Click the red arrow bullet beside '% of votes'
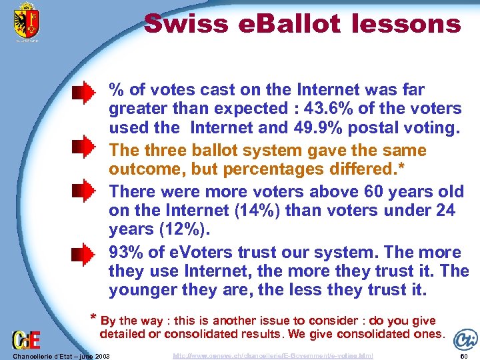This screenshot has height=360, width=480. click(x=84, y=93)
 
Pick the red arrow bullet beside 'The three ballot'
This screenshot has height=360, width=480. click(x=84, y=147)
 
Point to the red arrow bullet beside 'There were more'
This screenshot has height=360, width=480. click(x=84, y=192)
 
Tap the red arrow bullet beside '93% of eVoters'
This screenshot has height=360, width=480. click(x=84, y=253)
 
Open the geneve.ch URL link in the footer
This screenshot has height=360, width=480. click(x=273, y=356)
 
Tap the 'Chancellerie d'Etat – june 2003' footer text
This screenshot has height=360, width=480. click(x=60, y=356)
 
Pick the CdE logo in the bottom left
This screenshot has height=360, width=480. click(x=26, y=339)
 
